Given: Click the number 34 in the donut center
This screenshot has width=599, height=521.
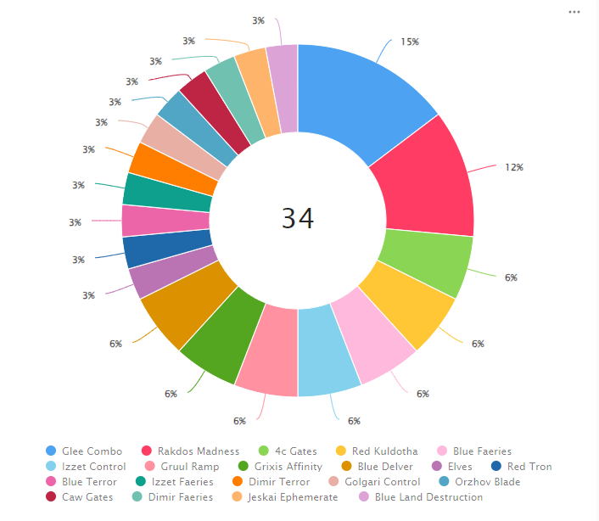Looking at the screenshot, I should click(x=298, y=219).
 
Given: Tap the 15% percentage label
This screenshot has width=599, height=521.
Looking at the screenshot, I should click(x=410, y=42).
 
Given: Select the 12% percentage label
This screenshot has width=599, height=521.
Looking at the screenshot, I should click(x=513, y=167).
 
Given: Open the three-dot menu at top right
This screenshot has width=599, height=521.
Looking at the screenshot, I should click(x=574, y=12).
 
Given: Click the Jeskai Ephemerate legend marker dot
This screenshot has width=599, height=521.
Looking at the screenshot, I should click(x=238, y=497).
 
